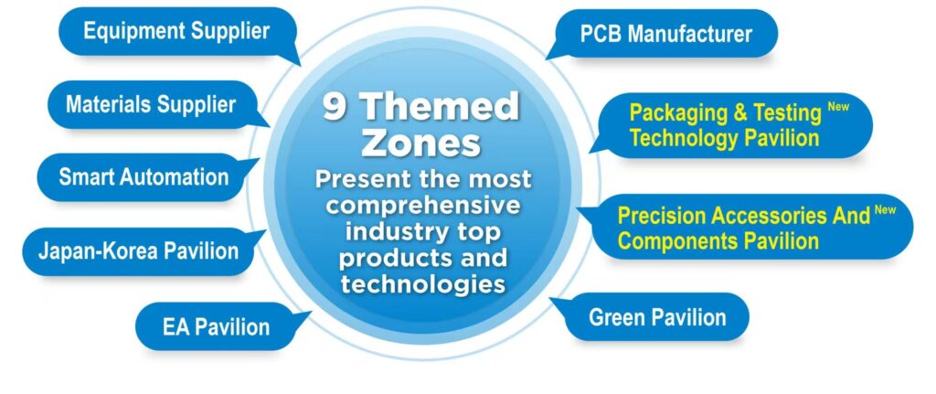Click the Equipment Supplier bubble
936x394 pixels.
177,32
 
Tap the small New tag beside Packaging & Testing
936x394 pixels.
838,106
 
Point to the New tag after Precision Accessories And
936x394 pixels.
885,209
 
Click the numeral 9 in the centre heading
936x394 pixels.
335,108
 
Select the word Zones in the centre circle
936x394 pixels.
421,144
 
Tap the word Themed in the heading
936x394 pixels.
440,108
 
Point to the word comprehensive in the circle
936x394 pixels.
423,206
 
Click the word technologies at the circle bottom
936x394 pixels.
423,284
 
